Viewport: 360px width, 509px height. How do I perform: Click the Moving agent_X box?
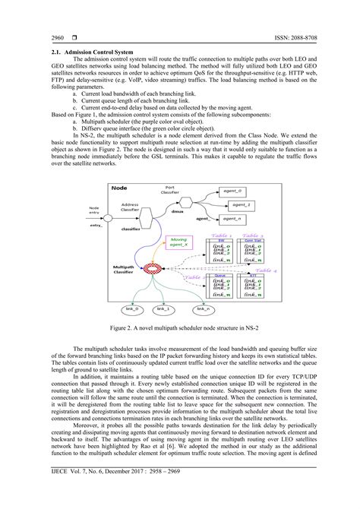[178, 243]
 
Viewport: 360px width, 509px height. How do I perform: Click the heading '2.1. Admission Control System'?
[76, 51]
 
